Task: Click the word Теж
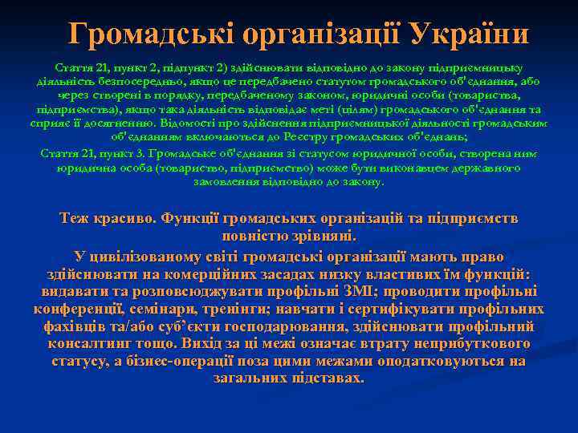point(78,219)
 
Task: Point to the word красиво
point(126,219)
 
